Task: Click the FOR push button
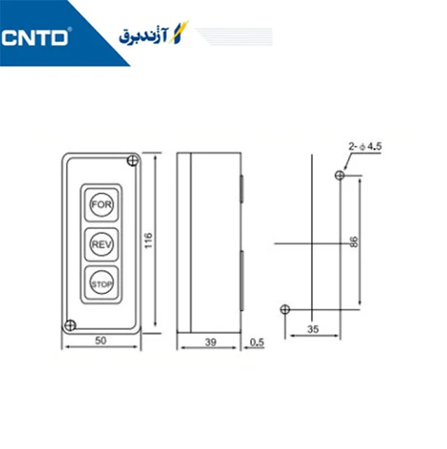coord(101,204)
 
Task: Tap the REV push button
coord(101,244)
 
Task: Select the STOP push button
coord(101,283)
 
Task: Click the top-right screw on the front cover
coord(133,161)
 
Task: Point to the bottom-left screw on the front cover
coord(70,326)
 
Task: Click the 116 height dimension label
coord(148,241)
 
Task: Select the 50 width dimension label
coord(100,340)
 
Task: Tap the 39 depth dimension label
coord(211,342)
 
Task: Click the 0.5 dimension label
coord(257,342)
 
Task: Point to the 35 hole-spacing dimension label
coord(313,329)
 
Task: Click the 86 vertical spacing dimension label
coord(354,242)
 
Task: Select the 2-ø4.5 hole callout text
coord(365,147)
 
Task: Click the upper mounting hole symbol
coord(340,175)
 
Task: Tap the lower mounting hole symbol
coord(285,309)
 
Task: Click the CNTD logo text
coord(34,37)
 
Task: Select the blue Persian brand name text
coord(144,36)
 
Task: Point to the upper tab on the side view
coord(241,189)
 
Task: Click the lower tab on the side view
coord(241,281)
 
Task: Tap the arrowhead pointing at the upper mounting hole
coord(345,167)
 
